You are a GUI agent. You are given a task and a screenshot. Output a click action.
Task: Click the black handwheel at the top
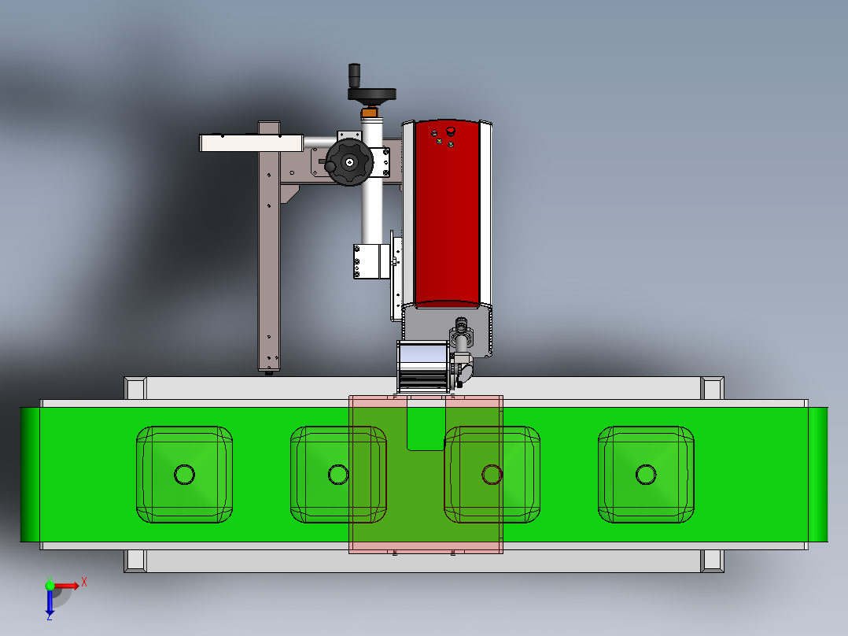pos(371,94)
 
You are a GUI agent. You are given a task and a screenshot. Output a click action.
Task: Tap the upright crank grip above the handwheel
pos(354,76)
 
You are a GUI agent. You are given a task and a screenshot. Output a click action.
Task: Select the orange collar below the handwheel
pos(370,112)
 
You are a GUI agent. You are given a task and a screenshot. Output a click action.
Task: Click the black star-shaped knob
pos(348,162)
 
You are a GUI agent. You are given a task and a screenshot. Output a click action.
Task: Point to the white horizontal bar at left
pos(252,143)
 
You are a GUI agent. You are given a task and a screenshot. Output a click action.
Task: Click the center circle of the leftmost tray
pos(184,475)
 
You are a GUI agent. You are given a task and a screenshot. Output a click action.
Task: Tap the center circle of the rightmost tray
pos(646,475)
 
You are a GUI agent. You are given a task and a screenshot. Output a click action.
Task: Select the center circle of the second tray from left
pos(338,475)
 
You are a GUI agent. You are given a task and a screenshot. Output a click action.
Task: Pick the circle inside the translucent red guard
pos(492,475)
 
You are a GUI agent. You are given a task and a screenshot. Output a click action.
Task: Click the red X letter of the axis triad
pos(84,582)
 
